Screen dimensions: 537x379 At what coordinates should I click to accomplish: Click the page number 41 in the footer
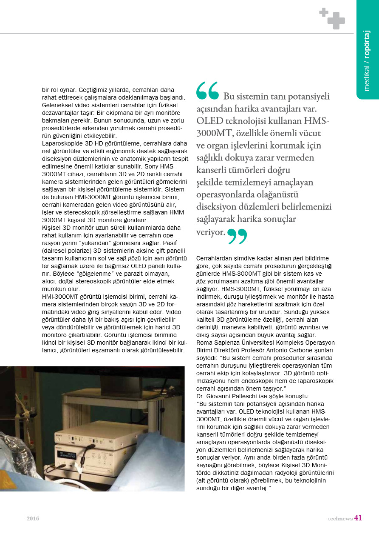(x=358, y=518)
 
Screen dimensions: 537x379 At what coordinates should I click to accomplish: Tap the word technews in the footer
(x=340, y=518)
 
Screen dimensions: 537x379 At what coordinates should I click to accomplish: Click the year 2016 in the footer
(x=33, y=518)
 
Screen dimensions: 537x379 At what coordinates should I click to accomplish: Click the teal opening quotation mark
(x=207, y=90)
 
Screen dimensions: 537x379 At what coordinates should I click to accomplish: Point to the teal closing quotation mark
(x=237, y=237)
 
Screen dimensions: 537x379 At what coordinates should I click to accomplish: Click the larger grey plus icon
(x=336, y=20)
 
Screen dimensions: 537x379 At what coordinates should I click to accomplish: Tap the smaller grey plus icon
(x=324, y=12)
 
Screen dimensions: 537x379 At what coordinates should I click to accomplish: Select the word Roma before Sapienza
(x=204, y=343)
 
